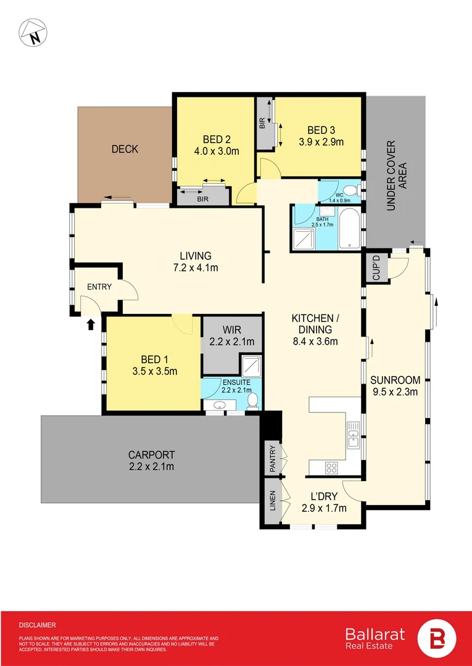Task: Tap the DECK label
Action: click(125, 149)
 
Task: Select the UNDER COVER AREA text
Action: click(391, 176)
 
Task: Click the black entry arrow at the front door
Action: click(91, 324)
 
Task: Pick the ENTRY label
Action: click(99, 287)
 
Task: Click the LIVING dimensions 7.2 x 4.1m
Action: click(196, 268)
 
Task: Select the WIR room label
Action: click(233, 330)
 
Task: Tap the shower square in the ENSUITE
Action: click(251, 366)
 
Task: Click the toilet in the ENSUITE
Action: click(252, 401)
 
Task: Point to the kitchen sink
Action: click(352, 434)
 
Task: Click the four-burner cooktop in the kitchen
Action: click(331, 467)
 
